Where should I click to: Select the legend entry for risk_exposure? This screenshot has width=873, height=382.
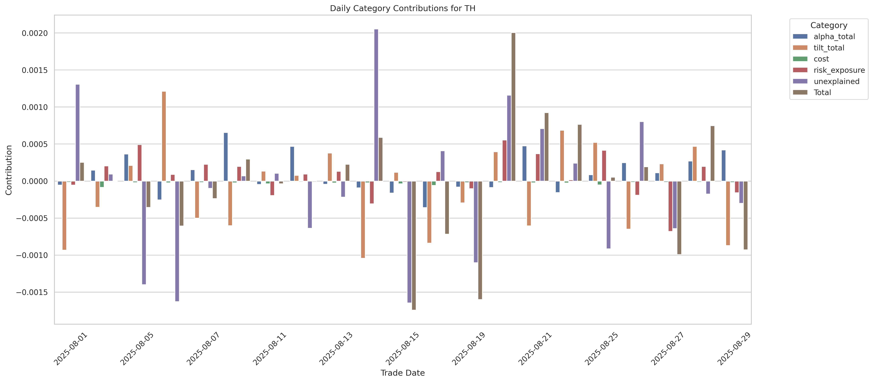click(x=839, y=70)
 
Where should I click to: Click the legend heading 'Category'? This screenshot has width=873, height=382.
click(x=829, y=25)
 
